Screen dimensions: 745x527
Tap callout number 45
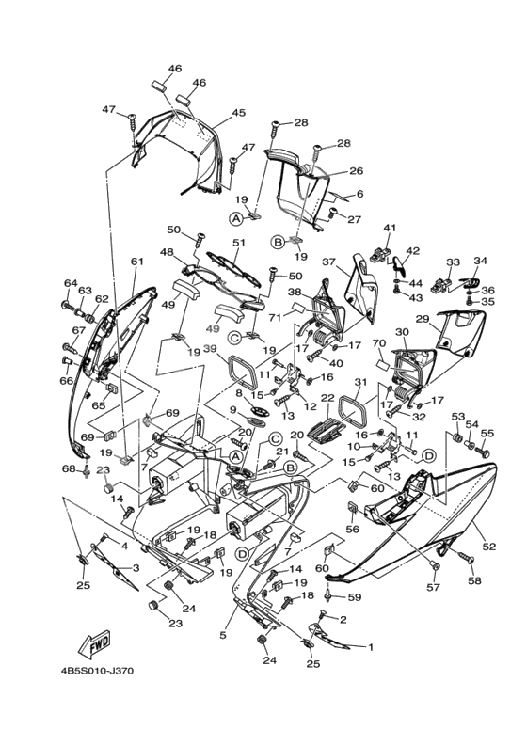239,113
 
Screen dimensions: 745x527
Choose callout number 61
136,262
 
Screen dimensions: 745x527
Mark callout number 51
239,243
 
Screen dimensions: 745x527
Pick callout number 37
329,262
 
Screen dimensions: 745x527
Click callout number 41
390,229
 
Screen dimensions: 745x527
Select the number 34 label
481,261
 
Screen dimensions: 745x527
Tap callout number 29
423,320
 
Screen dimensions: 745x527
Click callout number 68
69,468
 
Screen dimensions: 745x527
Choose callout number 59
355,597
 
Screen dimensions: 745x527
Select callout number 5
223,636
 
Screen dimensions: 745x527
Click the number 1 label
370,647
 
